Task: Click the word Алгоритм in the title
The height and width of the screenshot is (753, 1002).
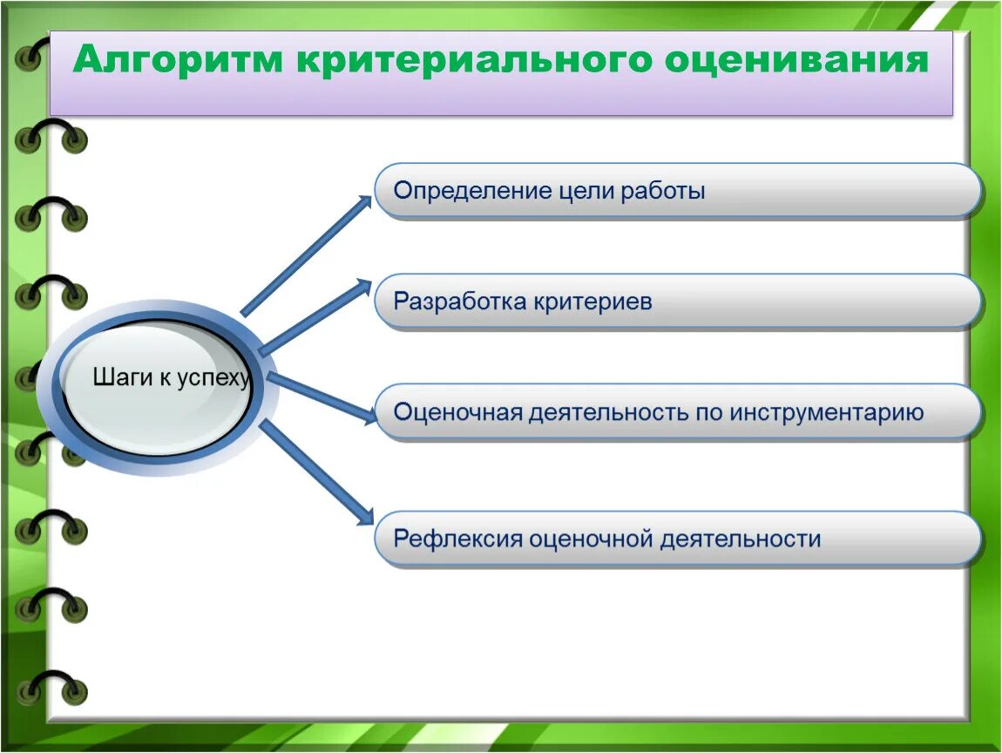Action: coord(178,59)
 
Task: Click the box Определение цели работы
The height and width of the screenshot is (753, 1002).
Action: coord(677,191)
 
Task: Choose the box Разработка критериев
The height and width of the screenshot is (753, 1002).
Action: coord(677,301)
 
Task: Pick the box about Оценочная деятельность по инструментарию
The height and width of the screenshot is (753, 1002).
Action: coord(677,411)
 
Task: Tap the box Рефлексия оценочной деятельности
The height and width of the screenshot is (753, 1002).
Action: coord(677,539)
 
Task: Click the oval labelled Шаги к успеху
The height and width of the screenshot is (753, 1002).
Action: coord(159,387)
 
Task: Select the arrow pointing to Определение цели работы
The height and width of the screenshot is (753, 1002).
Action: coord(307,255)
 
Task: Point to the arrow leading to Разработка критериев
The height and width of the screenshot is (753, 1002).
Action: coord(315,316)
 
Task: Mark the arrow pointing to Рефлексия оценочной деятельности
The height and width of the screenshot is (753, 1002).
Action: coord(317,472)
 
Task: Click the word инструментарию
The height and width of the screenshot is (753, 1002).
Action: coord(827,412)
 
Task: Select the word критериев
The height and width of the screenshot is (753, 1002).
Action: coord(592,301)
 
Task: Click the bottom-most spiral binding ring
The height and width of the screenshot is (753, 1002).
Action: coord(51,687)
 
